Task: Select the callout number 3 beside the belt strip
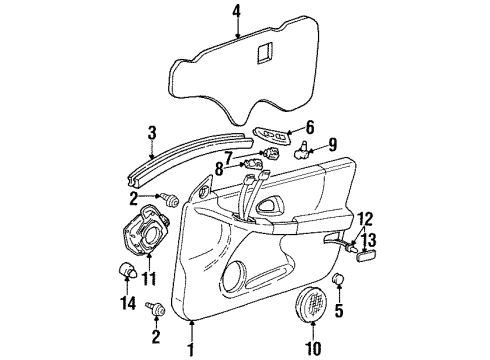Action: point(151,131)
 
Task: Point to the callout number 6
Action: point(309,126)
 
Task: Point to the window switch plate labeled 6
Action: point(271,134)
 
